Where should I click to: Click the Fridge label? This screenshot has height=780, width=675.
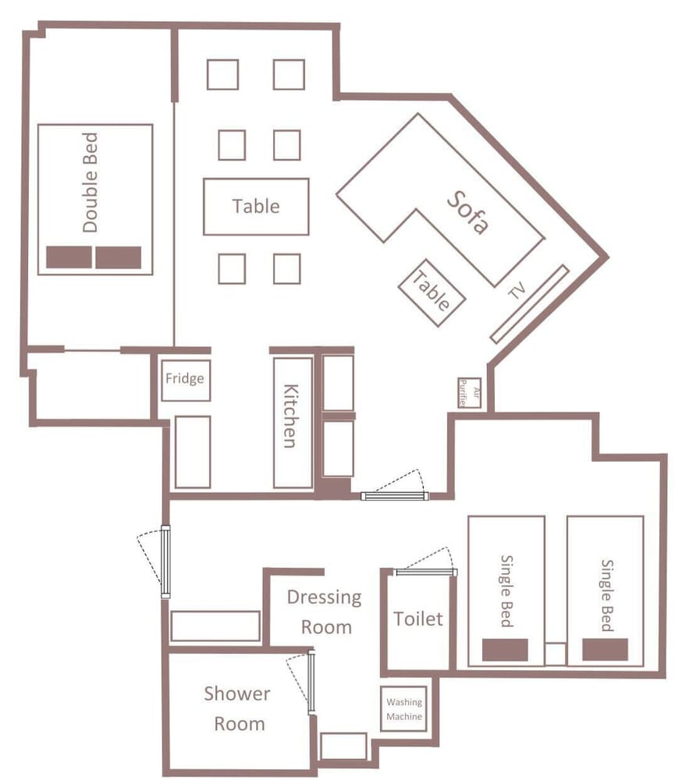pyautogui.click(x=185, y=378)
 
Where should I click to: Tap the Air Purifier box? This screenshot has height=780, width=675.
pyautogui.click(x=470, y=393)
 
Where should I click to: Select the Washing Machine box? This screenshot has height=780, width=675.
pyautogui.click(x=403, y=709)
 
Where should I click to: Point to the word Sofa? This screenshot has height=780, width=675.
pyautogui.click(x=467, y=212)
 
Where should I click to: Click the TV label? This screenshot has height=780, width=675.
pyautogui.click(x=517, y=290)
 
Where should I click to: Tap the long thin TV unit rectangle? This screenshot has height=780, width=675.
pyautogui.click(x=529, y=304)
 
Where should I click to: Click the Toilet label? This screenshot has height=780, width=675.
pyautogui.click(x=418, y=619)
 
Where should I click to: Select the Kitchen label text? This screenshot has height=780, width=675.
pyautogui.click(x=291, y=416)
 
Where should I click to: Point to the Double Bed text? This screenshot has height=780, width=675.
pyautogui.click(x=90, y=182)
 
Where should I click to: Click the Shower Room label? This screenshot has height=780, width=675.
pyautogui.click(x=237, y=708)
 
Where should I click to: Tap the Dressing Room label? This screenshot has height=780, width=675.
pyautogui.click(x=325, y=612)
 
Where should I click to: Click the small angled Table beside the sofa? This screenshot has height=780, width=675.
pyautogui.click(x=432, y=292)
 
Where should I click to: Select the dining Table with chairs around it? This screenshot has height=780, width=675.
pyautogui.click(x=256, y=207)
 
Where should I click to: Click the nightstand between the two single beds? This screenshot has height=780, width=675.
pyautogui.click(x=555, y=654)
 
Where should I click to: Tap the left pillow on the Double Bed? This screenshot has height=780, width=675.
pyautogui.click(x=69, y=257)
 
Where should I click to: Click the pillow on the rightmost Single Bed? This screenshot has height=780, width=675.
pyautogui.click(x=606, y=650)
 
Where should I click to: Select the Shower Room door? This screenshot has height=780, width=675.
pyautogui.click(x=311, y=682)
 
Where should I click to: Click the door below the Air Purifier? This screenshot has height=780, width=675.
pyautogui.click(x=394, y=496)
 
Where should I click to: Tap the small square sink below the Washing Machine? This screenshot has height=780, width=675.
pyautogui.click(x=343, y=746)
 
